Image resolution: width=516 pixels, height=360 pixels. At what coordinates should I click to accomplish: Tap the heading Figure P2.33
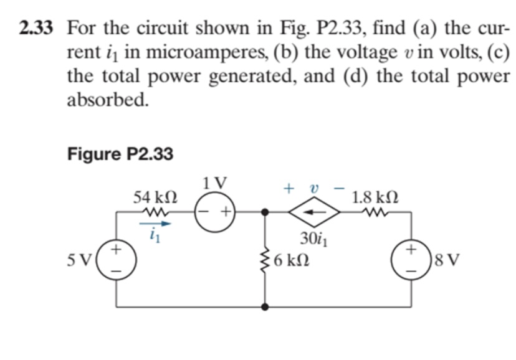coord(120,153)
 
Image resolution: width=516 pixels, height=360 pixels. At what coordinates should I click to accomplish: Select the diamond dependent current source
coord(314,212)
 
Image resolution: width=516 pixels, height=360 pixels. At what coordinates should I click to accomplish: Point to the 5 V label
coord(82,259)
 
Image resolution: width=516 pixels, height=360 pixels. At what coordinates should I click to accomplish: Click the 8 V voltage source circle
coord(412,259)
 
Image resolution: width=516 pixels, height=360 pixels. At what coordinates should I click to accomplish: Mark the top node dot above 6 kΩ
coord(265,212)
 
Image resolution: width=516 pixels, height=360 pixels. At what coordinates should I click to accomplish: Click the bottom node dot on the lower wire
coord(265,306)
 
